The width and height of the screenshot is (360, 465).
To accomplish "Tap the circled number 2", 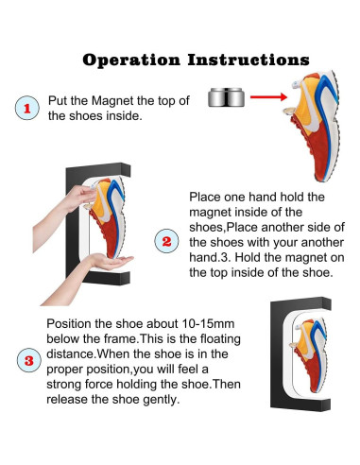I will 167,241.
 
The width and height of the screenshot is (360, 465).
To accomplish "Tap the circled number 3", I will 29,360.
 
